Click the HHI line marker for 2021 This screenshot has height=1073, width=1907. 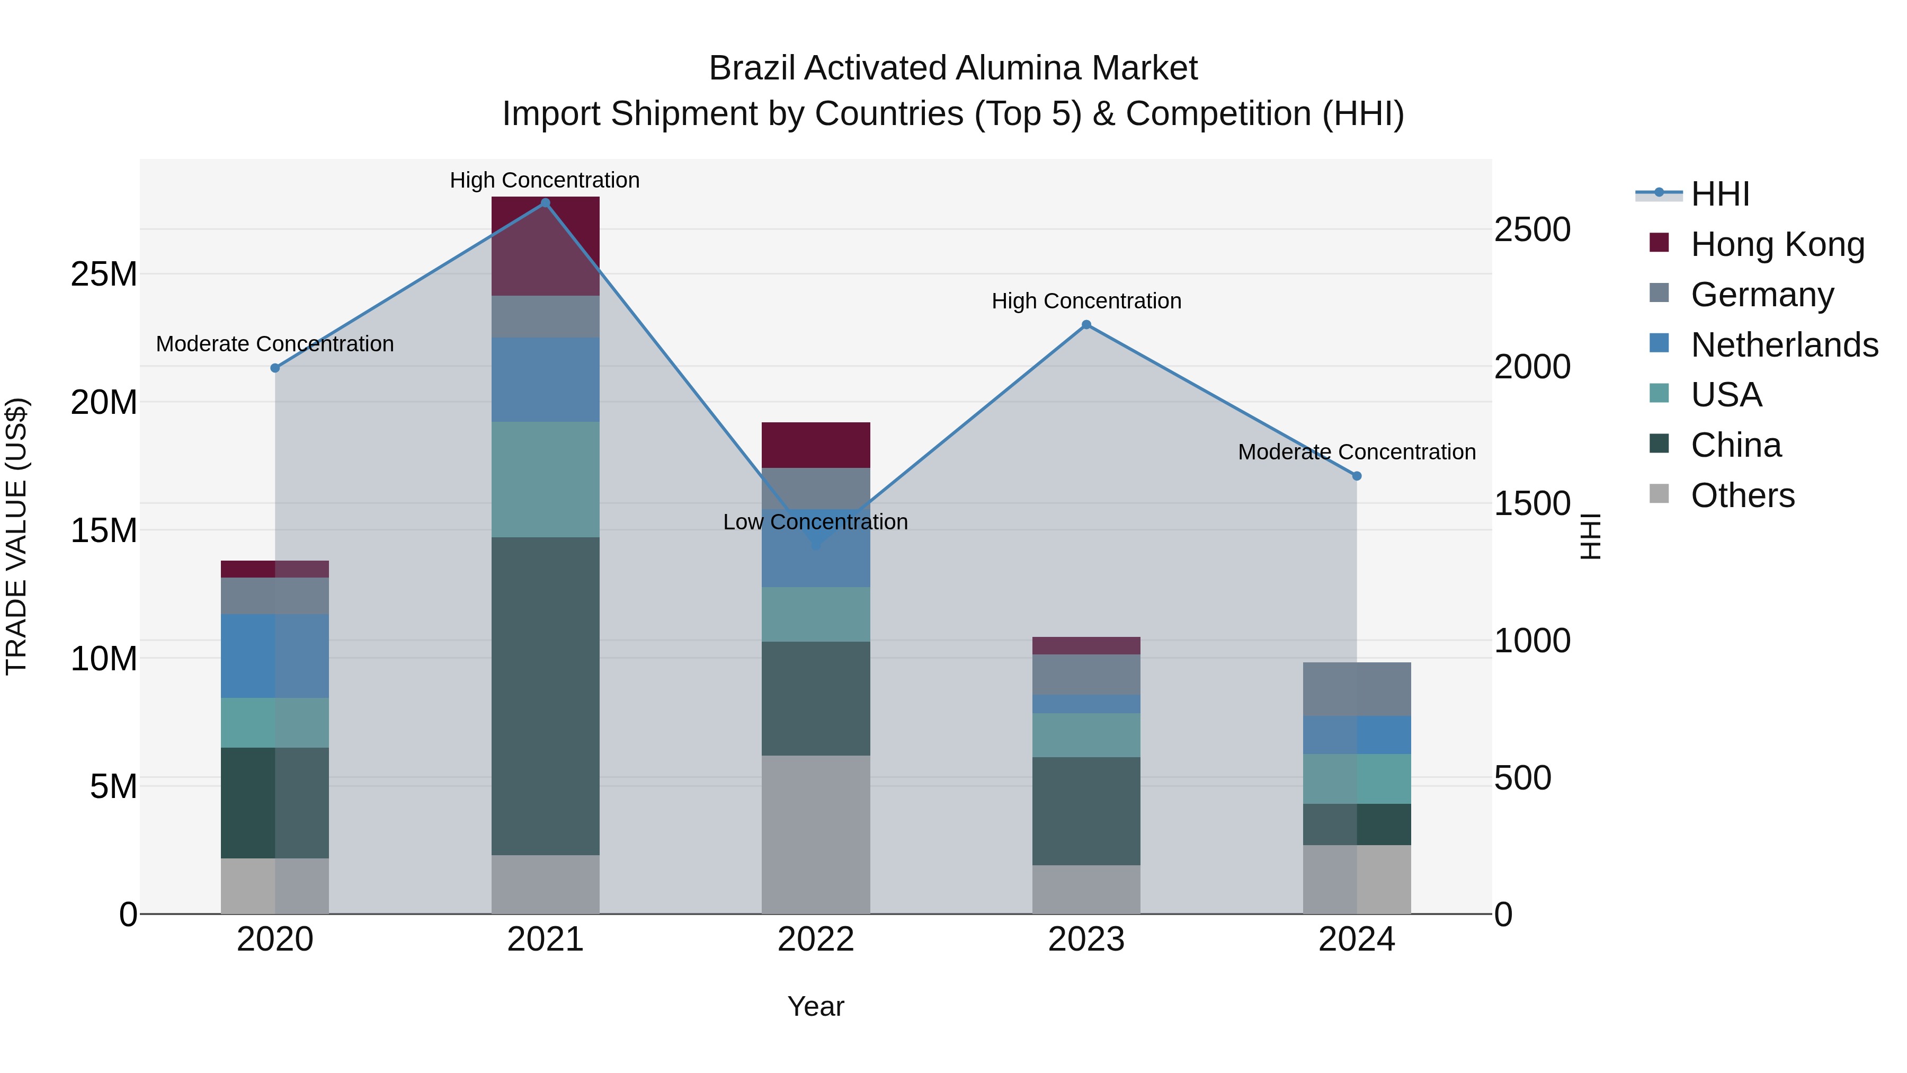point(545,203)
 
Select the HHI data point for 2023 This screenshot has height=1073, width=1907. point(1086,324)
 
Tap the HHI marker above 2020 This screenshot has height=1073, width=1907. point(274,368)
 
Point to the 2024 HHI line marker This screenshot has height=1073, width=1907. point(1356,476)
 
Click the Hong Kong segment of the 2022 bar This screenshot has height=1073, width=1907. point(815,445)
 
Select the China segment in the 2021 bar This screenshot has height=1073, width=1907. point(545,696)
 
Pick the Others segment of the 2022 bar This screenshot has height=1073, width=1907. point(815,835)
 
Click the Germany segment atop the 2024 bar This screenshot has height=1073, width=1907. point(1356,689)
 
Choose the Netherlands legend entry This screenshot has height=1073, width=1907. point(1784,345)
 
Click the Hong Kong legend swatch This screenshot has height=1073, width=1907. point(1659,243)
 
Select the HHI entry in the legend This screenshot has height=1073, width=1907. point(1719,194)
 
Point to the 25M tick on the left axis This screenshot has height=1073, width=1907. point(104,274)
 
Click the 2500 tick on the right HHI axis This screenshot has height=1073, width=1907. point(1531,229)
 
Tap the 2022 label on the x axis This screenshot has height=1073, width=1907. point(815,939)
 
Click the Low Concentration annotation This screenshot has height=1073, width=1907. point(815,522)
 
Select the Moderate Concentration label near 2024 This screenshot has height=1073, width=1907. point(1356,451)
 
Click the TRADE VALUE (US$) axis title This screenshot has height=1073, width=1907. point(16,536)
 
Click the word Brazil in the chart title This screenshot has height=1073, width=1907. point(753,68)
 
